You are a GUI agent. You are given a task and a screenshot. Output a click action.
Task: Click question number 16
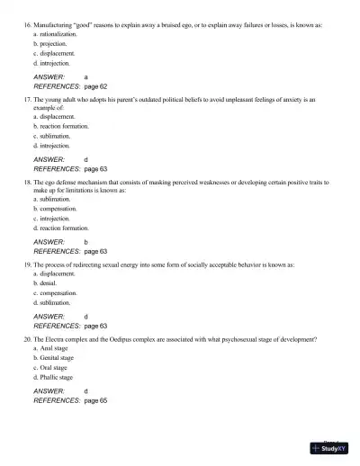pyautogui.click(x=26, y=17)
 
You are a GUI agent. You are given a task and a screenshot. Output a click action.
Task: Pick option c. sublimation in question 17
pyautogui.click(x=51, y=135)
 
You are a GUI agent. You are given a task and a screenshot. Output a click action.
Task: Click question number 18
pyautogui.click(x=26, y=182)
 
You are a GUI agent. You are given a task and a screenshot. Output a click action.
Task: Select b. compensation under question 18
pyautogui.click(x=54, y=208)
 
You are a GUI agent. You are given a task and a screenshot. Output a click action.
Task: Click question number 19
pyautogui.click(x=26, y=265)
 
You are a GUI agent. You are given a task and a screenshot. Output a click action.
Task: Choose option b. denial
pyautogui.click(x=45, y=283)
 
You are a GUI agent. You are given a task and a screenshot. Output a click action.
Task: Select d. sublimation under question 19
pyautogui.click(x=51, y=303)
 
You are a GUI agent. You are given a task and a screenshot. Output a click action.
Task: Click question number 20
pyautogui.click(x=26, y=339)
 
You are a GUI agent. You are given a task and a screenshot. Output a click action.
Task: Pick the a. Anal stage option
pyautogui.click(x=50, y=348)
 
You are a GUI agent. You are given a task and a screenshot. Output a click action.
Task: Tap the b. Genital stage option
pyautogui.click(x=53, y=358)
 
